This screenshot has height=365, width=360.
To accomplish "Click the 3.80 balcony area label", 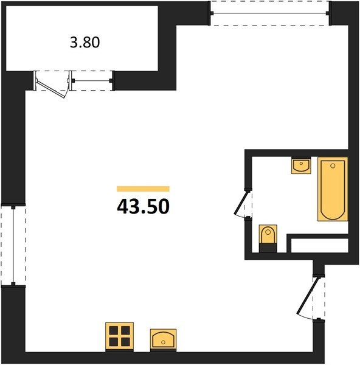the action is pos(85,43).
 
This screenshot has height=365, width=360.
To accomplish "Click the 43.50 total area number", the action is pos(143,206).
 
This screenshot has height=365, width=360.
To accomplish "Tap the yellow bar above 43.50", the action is pos(143,189).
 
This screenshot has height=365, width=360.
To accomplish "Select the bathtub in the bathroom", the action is pos(333,189).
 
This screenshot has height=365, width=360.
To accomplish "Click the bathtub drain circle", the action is pos(333,165).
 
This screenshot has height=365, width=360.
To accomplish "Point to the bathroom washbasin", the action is pos(301,165).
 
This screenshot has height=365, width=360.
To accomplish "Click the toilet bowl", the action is pos(268,234).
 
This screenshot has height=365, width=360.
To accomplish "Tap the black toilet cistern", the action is pos(268,248).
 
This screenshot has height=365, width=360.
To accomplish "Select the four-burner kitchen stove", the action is pos(119,336).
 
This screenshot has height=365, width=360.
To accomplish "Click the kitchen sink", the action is pos(163,339).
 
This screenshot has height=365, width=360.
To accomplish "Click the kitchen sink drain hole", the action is pos(163,342).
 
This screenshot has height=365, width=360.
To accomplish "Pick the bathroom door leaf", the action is pos(241,202).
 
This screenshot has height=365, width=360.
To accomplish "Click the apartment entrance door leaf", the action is pos(308,295).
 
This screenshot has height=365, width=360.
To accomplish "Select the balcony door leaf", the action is pos(50,89).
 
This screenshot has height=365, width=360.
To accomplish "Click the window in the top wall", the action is pos(270,13).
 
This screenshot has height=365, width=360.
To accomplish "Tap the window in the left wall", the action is pos(13,245).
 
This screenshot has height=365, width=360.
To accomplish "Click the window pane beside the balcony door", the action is pos(92,81).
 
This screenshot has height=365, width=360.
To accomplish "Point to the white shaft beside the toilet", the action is pos(319,245).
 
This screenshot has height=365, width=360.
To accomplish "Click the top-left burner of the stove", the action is pos(114,330).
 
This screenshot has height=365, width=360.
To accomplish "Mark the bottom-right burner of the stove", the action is pos(125,342).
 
